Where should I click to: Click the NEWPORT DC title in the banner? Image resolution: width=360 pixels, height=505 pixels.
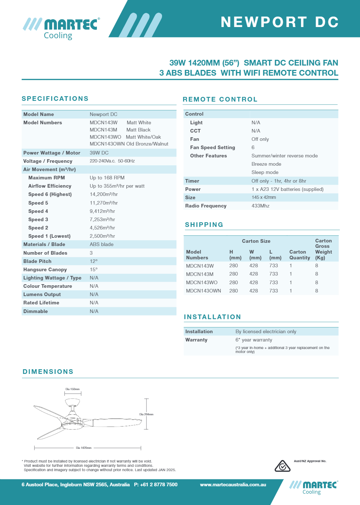pyautogui.click(x=279, y=22)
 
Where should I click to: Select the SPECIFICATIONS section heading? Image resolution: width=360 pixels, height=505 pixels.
pyautogui.click(x=55, y=99)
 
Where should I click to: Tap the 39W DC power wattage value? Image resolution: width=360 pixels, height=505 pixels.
pyautogui.click(x=99, y=153)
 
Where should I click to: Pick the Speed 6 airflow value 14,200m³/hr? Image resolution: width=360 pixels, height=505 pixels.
pyautogui.click(x=104, y=194)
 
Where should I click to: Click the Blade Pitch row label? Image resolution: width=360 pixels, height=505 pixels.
pyautogui.click(x=37, y=261)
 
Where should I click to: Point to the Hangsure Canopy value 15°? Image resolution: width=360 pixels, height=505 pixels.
pyautogui.click(x=94, y=269)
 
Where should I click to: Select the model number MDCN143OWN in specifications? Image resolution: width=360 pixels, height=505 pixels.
pyautogui.click(x=107, y=144)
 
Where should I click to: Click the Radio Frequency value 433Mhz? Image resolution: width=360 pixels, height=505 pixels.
pyautogui.click(x=260, y=206)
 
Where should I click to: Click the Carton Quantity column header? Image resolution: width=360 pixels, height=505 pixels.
pyautogui.click(x=300, y=255)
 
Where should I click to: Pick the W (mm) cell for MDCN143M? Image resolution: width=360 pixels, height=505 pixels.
pyautogui.click(x=253, y=274)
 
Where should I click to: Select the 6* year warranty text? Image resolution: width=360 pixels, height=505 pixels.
pyautogui.click(x=254, y=340)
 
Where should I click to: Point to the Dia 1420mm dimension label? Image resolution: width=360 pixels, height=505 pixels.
pyautogui.click(x=84, y=448)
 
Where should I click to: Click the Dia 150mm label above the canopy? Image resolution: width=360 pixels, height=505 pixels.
pyautogui.click(x=72, y=389)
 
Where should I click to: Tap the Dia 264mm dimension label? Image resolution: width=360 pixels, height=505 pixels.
pyautogui.click(x=146, y=414)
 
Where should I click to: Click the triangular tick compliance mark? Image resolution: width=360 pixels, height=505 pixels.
pyautogui.click(x=283, y=466)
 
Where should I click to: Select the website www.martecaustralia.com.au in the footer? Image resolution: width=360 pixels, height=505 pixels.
pyautogui.click(x=233, y=484)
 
